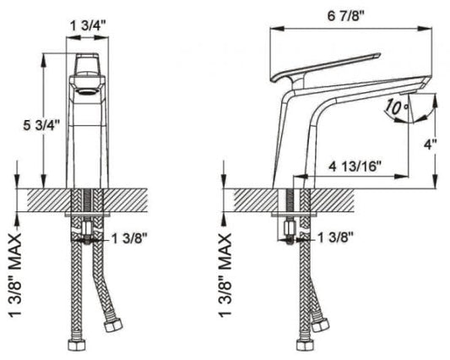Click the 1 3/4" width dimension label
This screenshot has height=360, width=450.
[x=87, y=25]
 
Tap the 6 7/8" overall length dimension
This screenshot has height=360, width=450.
[x=350, y=14]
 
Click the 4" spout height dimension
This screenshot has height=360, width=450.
[x=431, y=145]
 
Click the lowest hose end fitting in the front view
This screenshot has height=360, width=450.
[x=73, y=346]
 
